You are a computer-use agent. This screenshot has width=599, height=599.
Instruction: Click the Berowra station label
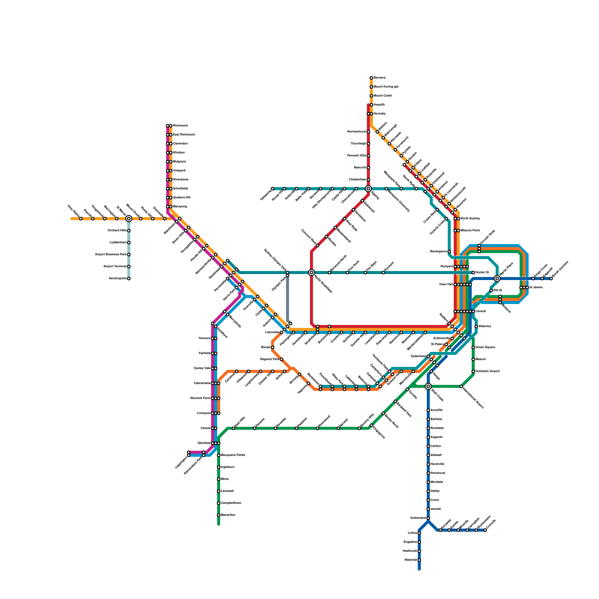pyautogui.click(x=380, y=77)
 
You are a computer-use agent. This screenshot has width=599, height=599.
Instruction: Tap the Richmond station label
pyautogui.click(x=180, y=125)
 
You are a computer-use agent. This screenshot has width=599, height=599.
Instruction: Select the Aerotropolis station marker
pyautogui.click(x=129, y=279)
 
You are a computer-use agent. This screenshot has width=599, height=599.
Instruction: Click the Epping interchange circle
pyautogui.click(x=368, y=189)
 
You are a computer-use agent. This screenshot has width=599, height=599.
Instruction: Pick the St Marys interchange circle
pyautogui.click(x=129, y=219)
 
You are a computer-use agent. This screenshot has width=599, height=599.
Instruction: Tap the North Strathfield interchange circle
pyautogui.click(x=311, y=273)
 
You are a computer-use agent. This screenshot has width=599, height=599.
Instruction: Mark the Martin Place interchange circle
pyautogui.click(x=497, y=279)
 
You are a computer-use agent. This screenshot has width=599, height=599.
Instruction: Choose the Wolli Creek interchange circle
pyautogui.click(x=428, y=386)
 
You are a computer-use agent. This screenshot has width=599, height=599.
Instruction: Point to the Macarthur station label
pyautogui.click(x=228, y=515)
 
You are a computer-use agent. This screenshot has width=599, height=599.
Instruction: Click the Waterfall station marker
pyautogui.click(x=419, y=560)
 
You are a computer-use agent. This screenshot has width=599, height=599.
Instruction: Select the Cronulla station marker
pyautogui.click(x=485, y=530)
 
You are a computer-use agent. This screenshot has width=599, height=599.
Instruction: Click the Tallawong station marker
pyautogui.click(x=273, y=189)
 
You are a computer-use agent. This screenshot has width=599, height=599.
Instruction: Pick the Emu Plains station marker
pyautogui.click(x=81, y=219)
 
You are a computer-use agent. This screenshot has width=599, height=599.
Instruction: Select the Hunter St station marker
pyautogui.click(x=473, y=273)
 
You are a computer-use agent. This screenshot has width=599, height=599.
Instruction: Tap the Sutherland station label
pyautogui.click(x=418, y=518)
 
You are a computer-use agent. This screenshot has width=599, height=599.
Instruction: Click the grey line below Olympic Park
pyautogui.click(x=288, y=299)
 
